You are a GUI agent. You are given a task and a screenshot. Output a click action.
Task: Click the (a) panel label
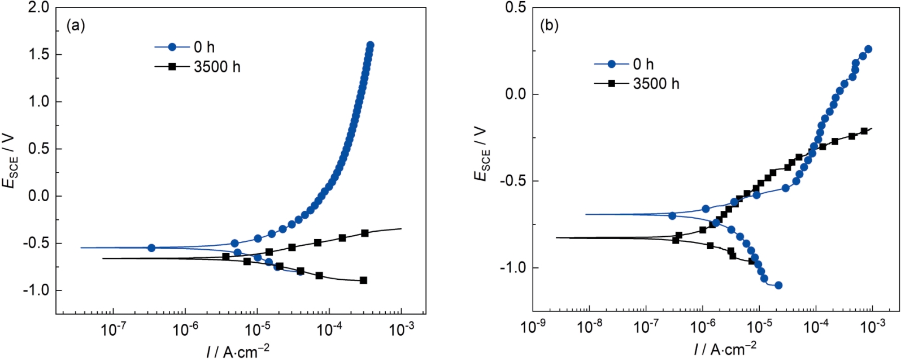point(76,25)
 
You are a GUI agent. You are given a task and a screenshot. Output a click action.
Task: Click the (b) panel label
point(549,25)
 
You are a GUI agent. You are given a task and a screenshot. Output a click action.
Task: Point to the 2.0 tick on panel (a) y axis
point(38,7)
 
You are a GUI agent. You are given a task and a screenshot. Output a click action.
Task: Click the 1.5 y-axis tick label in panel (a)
point(38,54)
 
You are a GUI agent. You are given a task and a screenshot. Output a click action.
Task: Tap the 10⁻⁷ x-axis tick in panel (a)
point(113,329)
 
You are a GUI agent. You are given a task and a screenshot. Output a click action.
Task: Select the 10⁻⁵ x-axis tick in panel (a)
point(257,329)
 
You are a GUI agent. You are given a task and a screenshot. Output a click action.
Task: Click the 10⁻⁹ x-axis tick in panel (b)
point(533,327)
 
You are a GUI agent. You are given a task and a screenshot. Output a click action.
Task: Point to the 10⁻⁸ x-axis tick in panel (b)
point(589,327)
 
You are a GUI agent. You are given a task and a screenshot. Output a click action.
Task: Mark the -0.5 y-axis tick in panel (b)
point(512,181)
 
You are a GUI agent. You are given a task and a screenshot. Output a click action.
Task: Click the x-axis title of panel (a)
point(238,352)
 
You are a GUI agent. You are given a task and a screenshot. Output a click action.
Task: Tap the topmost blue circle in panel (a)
point(370,45)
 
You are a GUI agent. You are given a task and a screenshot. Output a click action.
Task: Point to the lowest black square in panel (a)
point(363,280)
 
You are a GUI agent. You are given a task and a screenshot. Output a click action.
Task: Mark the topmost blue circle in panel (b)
point(868,49)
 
